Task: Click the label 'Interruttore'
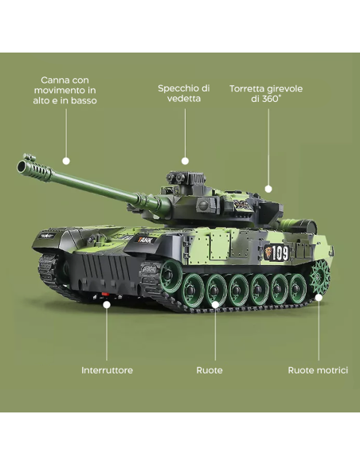(x=107, y=370)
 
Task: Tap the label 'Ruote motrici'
(x=318, y=370)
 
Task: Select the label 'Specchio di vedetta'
(x=184, y=93)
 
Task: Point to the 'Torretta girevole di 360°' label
(x=266, y=93)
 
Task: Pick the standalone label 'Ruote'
(x=209, y=370)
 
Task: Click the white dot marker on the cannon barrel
(x=66, y=160)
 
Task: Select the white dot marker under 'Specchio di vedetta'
(x=185, y=160)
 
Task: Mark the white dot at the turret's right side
(x=268, y=190)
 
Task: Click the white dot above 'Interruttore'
(x=107, y=303)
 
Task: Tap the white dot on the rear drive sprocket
(x=319, y=297)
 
